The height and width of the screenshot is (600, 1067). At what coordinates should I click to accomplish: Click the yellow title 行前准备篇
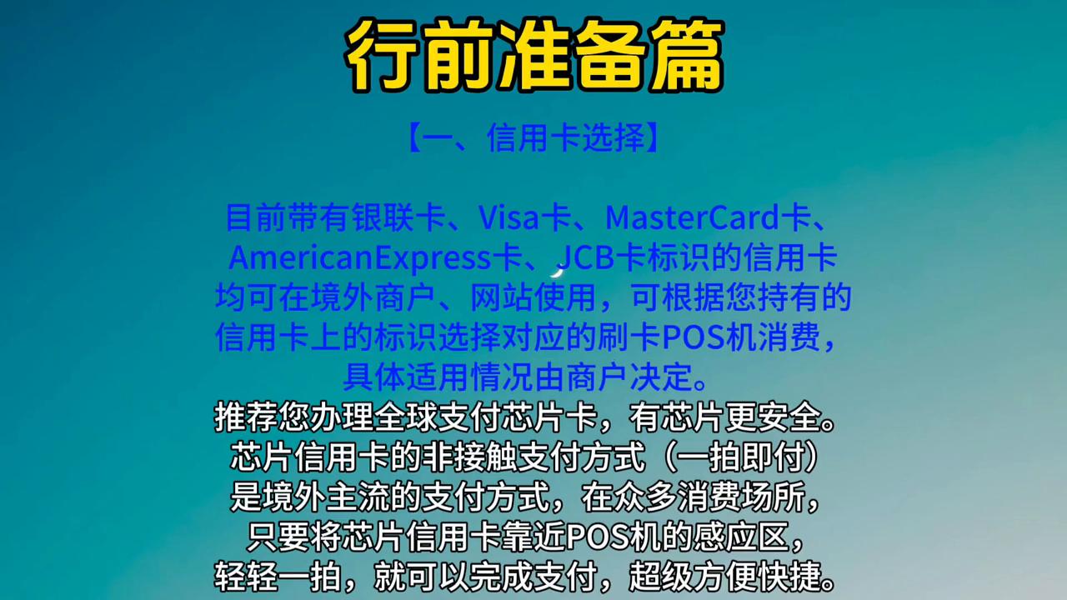[533, 55]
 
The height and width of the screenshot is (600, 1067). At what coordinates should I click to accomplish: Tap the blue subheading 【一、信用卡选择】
[533, 138]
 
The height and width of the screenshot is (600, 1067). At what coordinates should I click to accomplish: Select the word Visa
[508, 217]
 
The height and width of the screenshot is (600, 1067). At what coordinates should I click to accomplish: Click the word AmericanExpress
[360, 257]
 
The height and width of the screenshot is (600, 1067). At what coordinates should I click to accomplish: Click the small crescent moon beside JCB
[558, 269]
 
